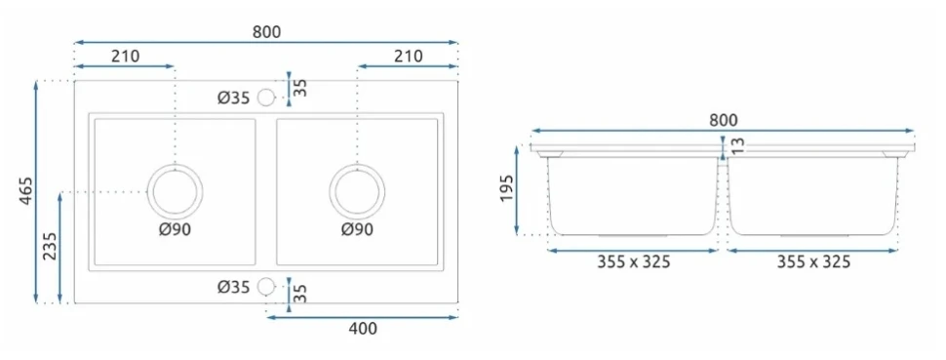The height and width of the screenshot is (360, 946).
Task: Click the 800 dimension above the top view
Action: (x=266, y=32)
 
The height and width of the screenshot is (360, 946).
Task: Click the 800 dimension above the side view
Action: (x=723, y=120)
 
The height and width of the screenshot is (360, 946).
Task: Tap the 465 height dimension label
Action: (x=26, y=191)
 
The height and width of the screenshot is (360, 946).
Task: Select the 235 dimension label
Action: (x=50, y=247)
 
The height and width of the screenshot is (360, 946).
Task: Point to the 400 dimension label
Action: (x=363, y=329)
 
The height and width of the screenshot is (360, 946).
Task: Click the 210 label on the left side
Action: (x=125, y=57)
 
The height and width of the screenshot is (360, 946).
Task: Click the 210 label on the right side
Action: (x=409, y=57)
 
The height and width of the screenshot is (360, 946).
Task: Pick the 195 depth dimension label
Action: (x=507, y=189)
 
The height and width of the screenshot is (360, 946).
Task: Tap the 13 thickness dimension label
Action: (x=738, y=145)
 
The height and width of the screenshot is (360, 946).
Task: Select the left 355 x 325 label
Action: (x=634, y=262)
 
